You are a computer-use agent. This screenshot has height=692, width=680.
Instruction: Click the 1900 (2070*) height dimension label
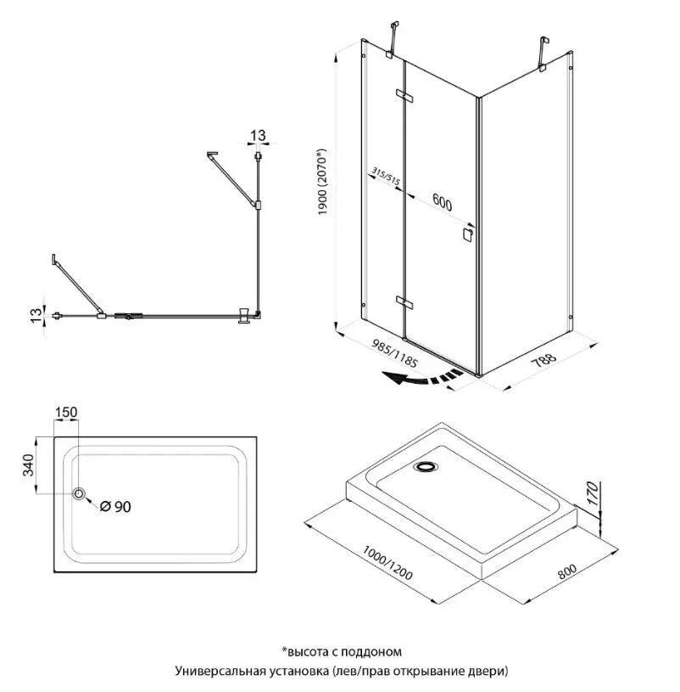pos(322,182)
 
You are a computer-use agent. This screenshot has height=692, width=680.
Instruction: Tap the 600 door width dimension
pos(442,203)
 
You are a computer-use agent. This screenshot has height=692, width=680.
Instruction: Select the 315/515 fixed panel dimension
pos(386,176)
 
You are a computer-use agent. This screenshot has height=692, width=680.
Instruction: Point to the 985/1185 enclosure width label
pos(394,353)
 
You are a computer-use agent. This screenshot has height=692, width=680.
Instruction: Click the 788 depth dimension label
pos(543,360)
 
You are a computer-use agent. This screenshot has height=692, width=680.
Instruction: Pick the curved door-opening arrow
pos(422,378)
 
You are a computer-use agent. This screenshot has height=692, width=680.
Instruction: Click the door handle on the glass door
pos(467,233)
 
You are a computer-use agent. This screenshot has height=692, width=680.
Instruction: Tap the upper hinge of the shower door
pos(404,96)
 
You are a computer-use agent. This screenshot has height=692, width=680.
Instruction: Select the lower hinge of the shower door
pos(404,302)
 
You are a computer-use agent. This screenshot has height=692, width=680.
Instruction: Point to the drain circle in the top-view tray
pos(80,493)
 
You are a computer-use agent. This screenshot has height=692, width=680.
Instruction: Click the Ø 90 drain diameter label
pos(115,507)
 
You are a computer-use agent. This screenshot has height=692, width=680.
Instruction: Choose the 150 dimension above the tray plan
pos(66,412)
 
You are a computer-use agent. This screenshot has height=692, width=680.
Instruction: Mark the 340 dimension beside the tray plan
pos(28,464)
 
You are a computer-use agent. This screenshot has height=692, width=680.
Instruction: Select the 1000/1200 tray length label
pos(387,562)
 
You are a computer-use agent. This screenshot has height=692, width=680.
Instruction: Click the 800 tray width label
pos(567,571)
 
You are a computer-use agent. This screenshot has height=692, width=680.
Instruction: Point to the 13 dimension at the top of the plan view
pos(258,136)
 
